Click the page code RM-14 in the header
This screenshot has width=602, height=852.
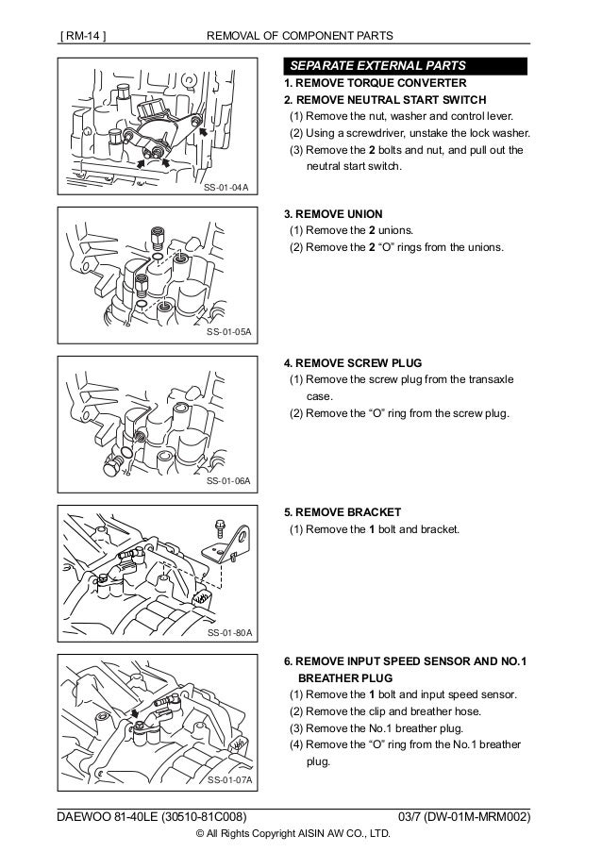tap(82, 37)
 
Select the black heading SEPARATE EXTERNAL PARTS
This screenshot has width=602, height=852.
tap(376, 66)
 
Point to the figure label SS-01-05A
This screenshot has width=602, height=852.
tap(226, 334)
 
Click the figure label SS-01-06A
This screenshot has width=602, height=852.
tap(226, 481)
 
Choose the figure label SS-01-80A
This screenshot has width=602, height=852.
tap(226, 632)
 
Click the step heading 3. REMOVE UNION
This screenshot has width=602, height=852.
tap(333, 214)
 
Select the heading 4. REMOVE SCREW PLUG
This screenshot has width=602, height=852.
tap(352, 362)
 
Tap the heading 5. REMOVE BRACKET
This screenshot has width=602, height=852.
tap(341, 511)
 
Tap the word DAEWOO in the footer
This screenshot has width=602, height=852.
tap(81, 813)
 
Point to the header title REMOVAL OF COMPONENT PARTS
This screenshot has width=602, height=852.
tap(300, 37)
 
